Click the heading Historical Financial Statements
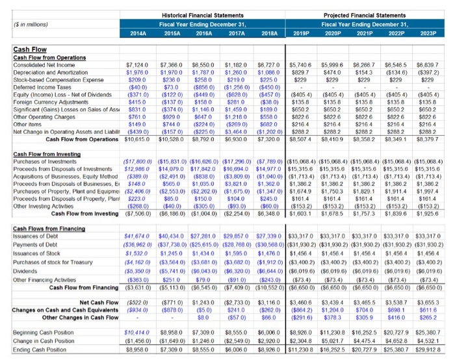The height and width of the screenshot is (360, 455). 203,15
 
